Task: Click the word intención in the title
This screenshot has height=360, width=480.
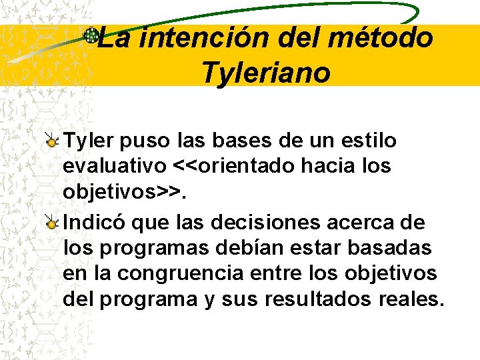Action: coord(204,38)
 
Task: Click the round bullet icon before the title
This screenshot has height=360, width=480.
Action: coord(91,35)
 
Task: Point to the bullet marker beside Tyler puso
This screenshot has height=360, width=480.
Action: coord(53,141)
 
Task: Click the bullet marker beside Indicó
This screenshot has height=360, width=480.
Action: coord(53,222)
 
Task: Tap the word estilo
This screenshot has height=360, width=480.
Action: coord(369,141)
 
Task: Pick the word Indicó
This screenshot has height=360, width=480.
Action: coord(91,222)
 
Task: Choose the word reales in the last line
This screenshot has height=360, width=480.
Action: coord(413,299)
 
